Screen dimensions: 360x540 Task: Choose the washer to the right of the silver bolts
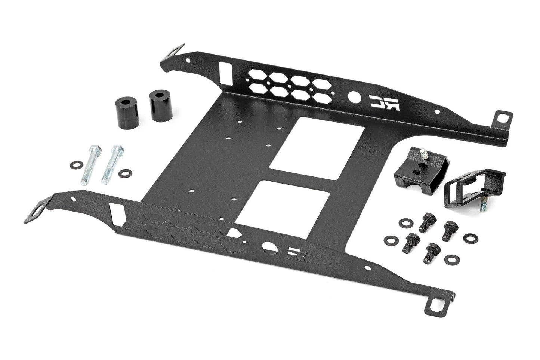124,173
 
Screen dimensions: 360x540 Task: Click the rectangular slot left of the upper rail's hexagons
225,72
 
